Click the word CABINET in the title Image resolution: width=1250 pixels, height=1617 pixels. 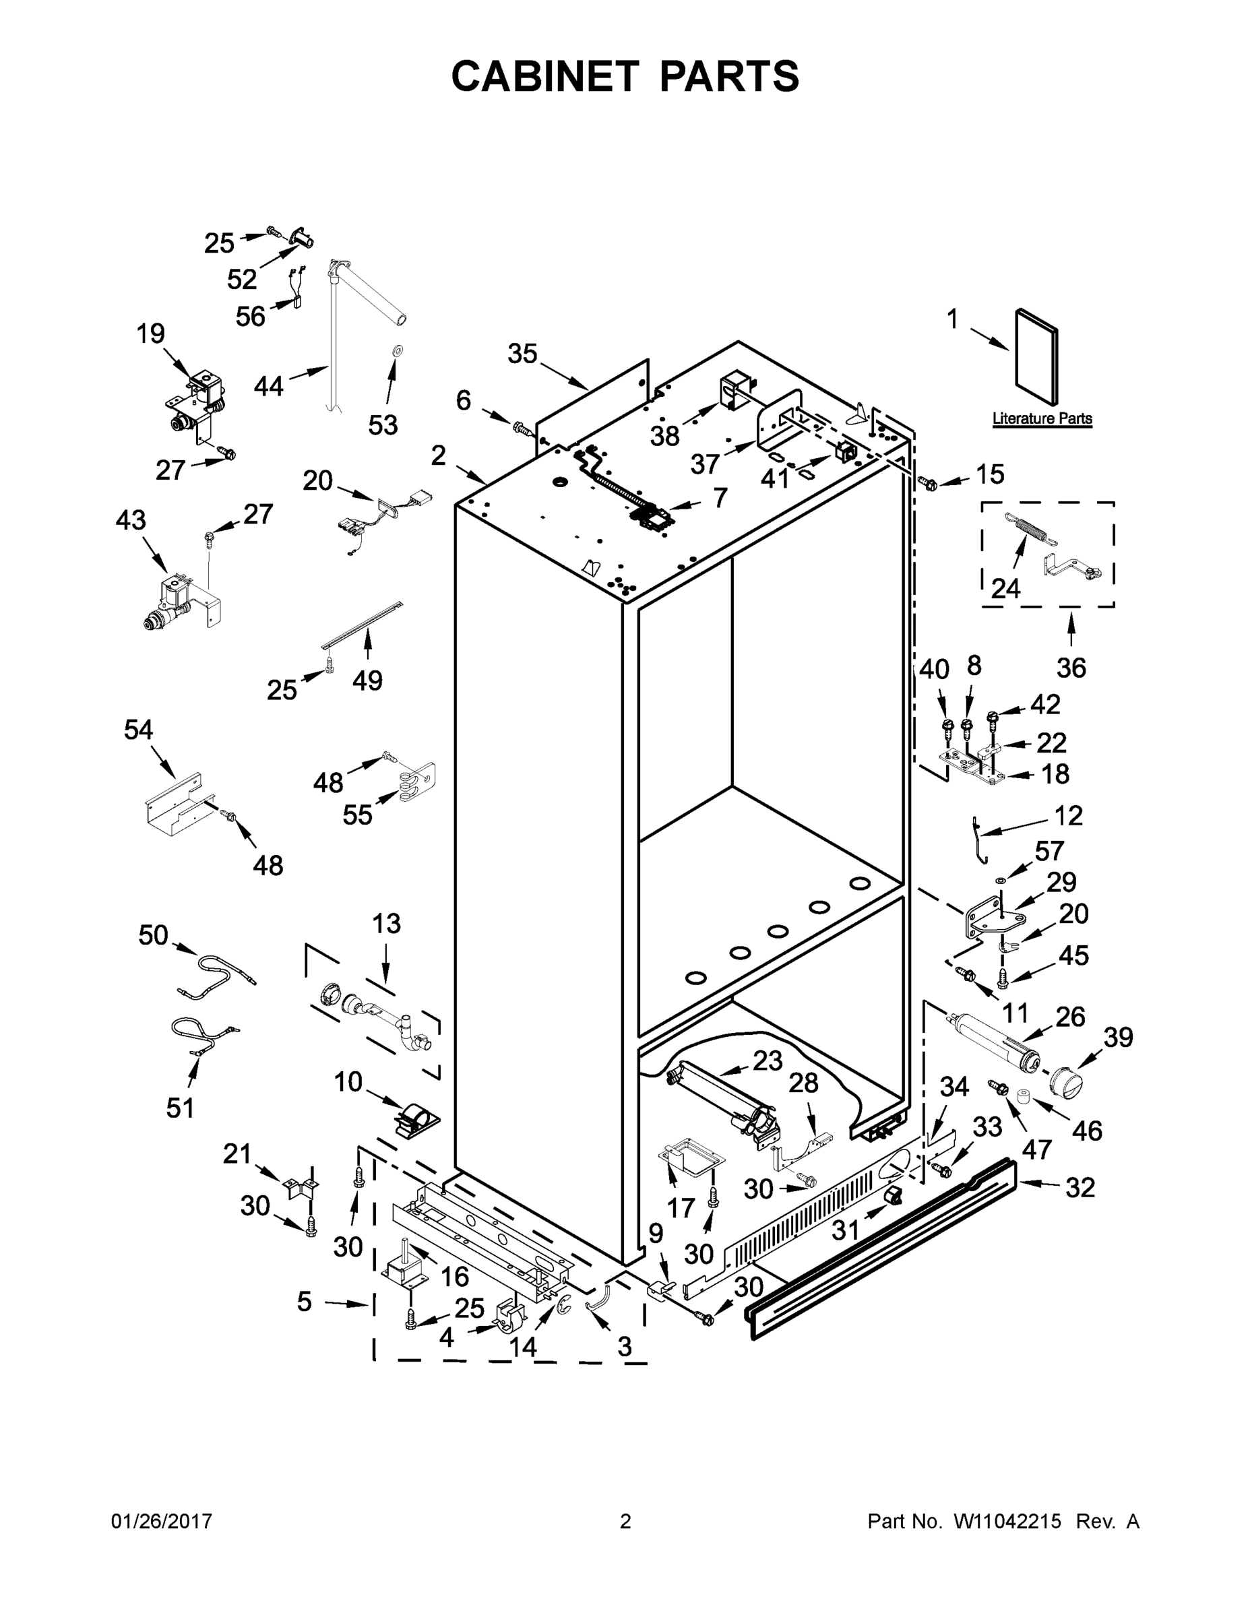click(x=544, y=76)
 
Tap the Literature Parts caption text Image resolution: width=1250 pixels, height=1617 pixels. click(x=1042, y=418)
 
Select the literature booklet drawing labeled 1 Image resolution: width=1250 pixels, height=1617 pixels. click(x=1036, y=358)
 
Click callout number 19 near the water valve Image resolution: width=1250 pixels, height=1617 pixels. click(x=150, y=334)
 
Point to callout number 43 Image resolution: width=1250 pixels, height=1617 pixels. click(x=131, y=521)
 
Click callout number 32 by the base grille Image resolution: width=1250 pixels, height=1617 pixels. click(x=1079, y=1187)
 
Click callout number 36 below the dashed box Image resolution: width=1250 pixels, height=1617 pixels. click(x=1071, y=668)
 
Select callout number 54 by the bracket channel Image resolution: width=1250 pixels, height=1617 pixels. click(x=139, y=730)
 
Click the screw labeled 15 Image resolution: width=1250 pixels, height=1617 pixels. click(x=928, y=484)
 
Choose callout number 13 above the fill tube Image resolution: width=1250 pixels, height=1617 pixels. click(x=386, y=923)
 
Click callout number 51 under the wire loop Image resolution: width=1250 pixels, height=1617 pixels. click(x=180, y=1108)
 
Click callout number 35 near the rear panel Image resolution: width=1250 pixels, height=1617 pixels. click(x=522, y=354)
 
